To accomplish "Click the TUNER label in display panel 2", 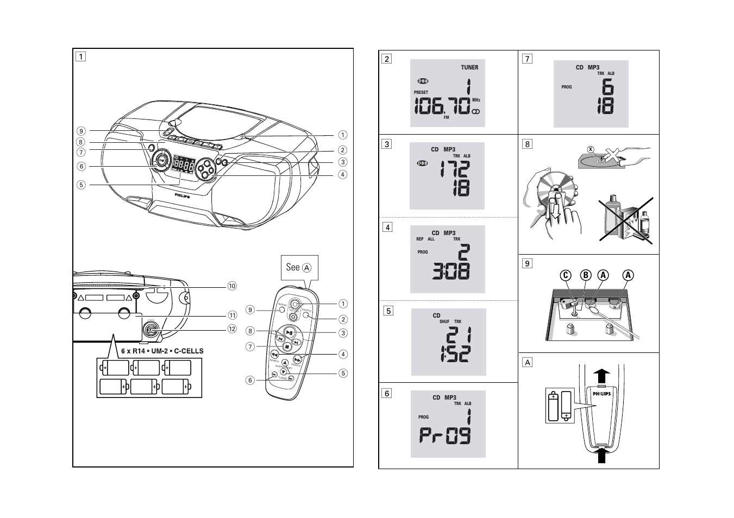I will (x=469, y=67).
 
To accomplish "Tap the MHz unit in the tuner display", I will (x=476, y=100).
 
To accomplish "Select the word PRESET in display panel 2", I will (x=421, y=92).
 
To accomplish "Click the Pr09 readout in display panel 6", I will (x=445, y=436).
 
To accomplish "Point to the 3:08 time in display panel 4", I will (x=450, y=270).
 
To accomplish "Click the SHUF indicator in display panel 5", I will (x=444, y=321).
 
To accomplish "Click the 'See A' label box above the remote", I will (x=299, y=267).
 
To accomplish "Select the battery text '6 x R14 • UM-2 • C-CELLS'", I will (x=162, y=351).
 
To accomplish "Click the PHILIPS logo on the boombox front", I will (x=183, y=194).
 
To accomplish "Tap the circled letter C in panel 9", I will (x=566, y=275).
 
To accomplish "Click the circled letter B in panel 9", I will (x=586, y=275).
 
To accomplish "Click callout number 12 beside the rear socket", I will (x=233, y=329).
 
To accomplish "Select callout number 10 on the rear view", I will (x=233, y=286).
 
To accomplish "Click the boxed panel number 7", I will (x=526, y=59).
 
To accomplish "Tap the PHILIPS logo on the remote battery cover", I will (x=601, y=394).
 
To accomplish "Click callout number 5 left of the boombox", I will (x=81, y=185).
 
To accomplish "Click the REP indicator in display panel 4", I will (x=420, y=239).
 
